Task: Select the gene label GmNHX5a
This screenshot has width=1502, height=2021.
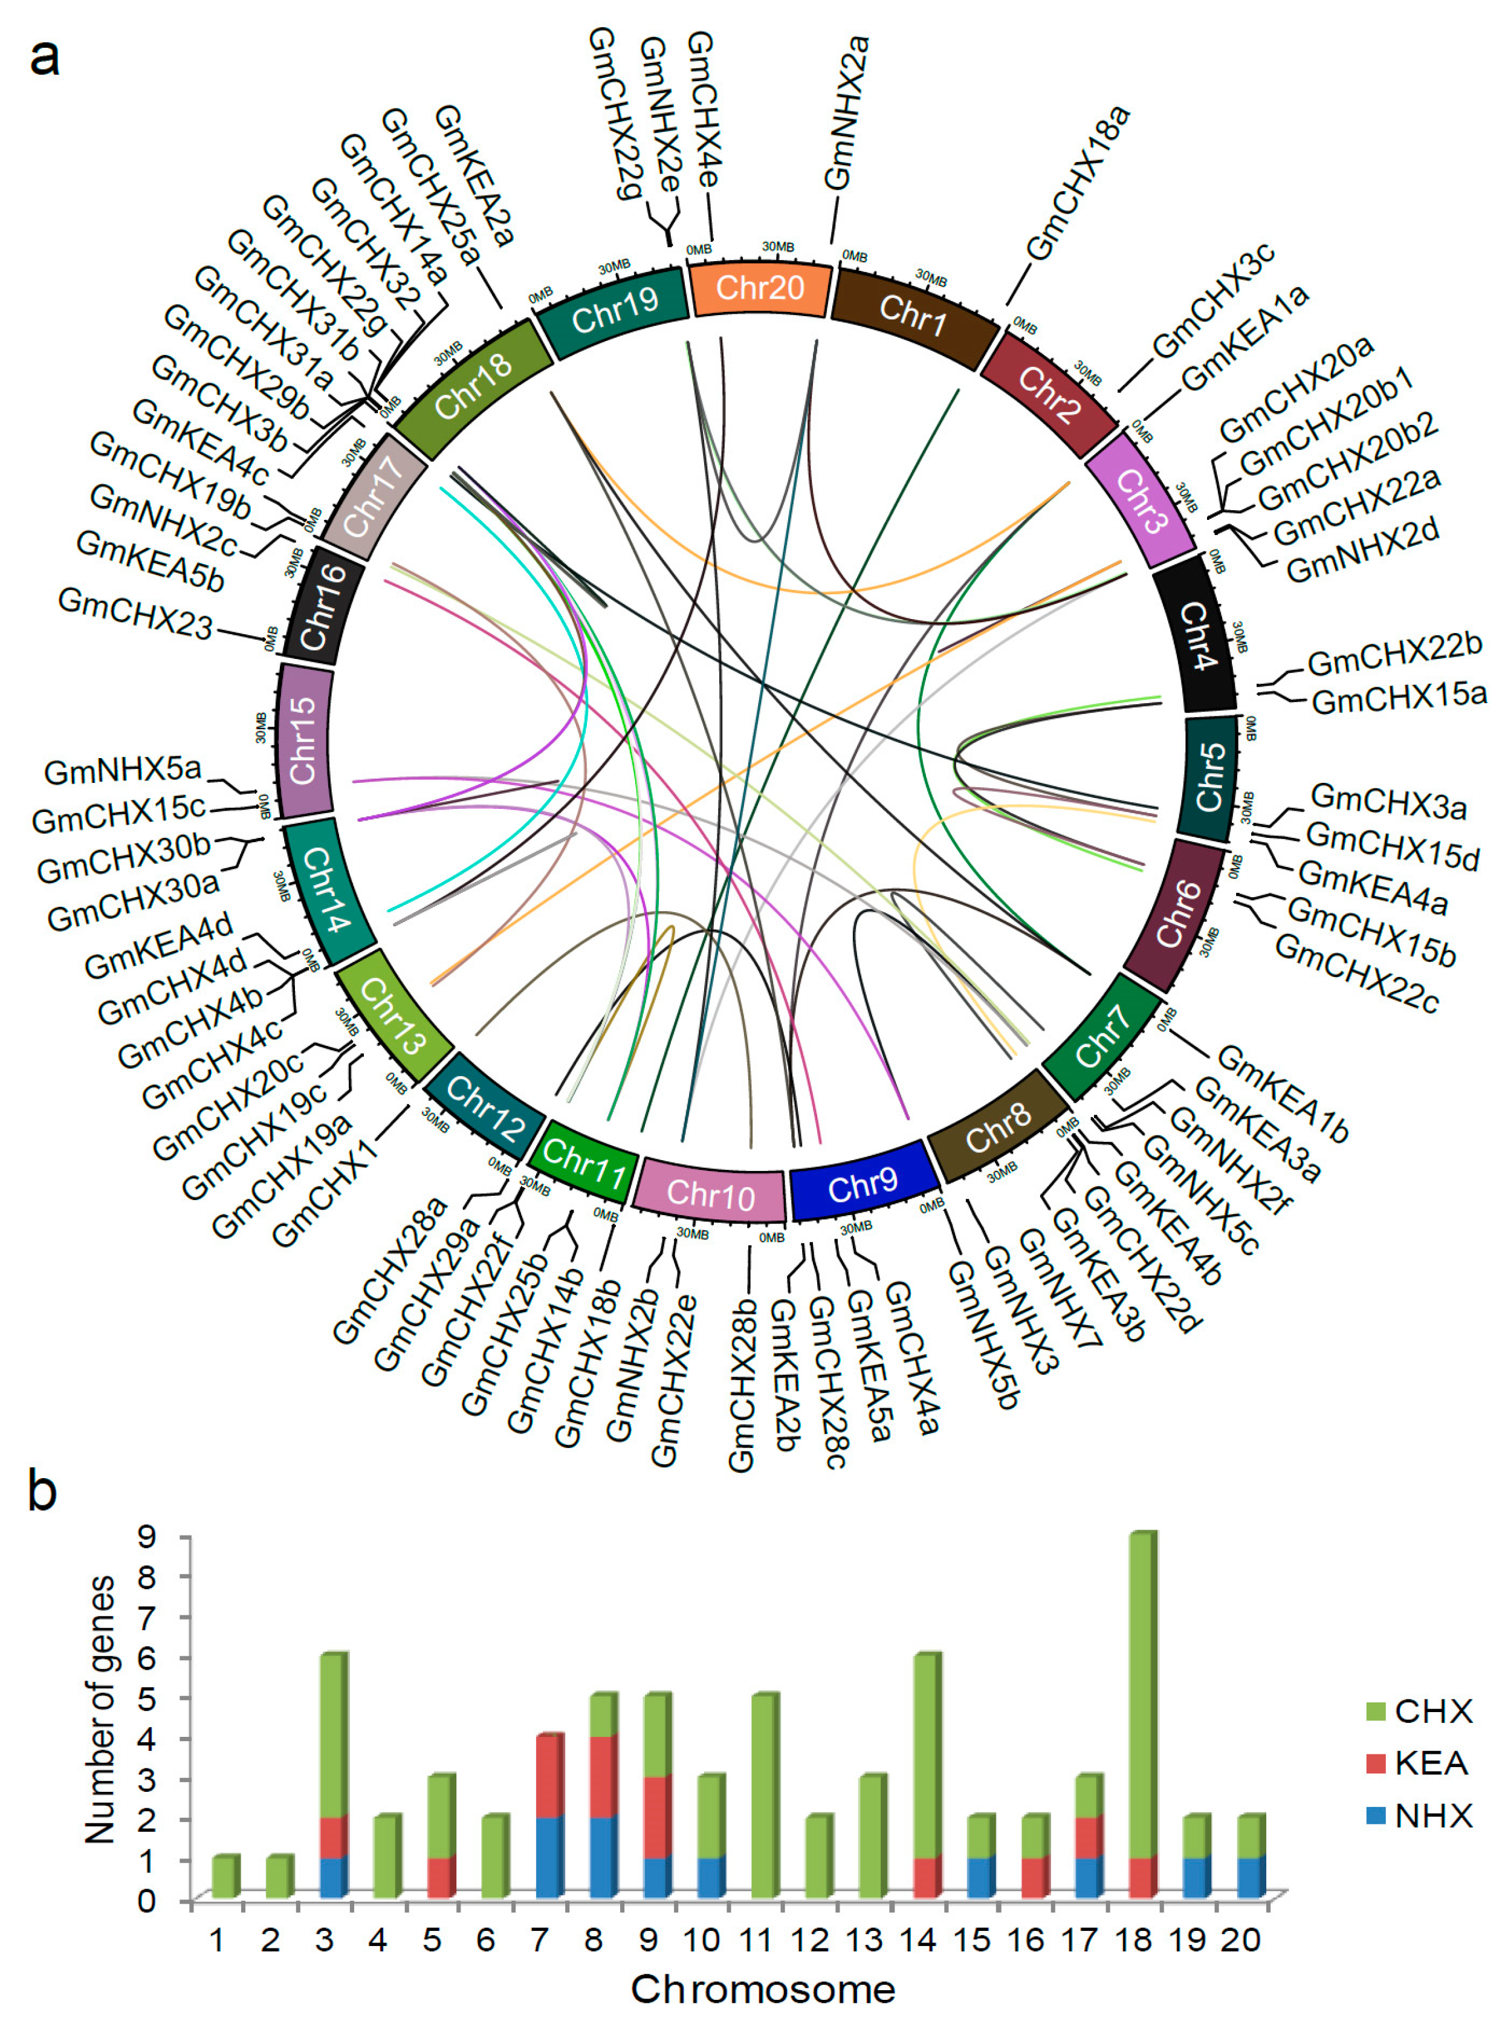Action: [123, 771]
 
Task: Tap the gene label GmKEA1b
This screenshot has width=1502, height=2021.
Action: [1282, 1094]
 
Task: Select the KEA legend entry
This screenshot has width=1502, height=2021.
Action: [1419, 1763]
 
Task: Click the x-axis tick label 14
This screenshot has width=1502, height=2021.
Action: [918, 1940]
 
